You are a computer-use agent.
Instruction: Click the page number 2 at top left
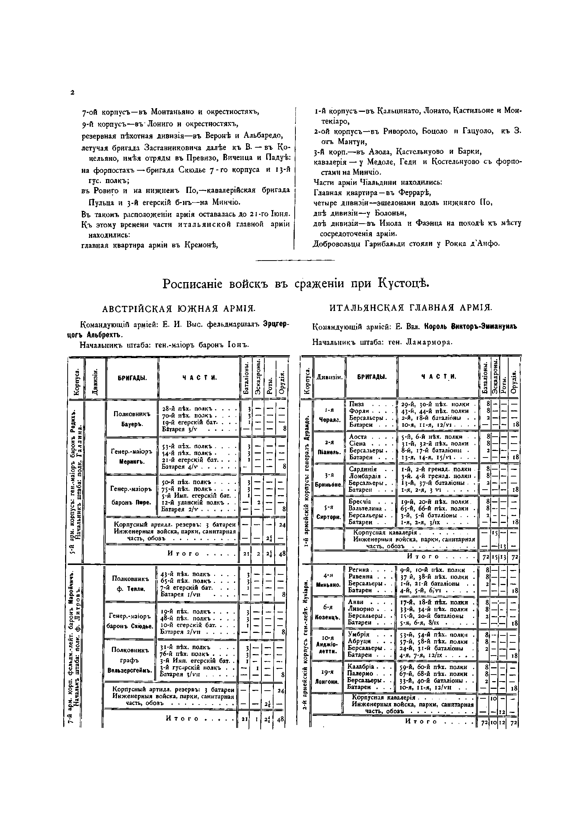pyautogui.click(x=72, y=93)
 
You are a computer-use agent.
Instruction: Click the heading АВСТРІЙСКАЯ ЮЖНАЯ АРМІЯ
pyautogui.click(x=179, y=309)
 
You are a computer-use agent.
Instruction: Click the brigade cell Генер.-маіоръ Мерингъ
pyautogui.click(x=132, y=456)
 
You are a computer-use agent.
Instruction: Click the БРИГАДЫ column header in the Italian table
pyautogui.click(x=371, y=376)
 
